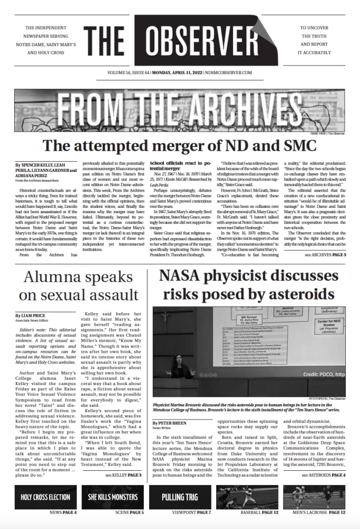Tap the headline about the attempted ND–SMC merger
click(x=180, y=145)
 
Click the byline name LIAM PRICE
click(x=29, y=316)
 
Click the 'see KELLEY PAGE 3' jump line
click(x=123, y=475)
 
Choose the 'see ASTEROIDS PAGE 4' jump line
click(x=324, y=475)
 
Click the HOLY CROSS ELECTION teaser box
click(x=46, y=497)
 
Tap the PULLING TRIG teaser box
click(x=180, y=497)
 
